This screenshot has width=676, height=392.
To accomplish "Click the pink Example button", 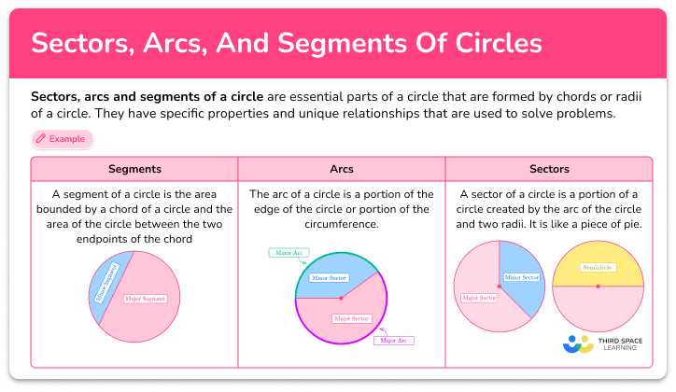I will point(62,139).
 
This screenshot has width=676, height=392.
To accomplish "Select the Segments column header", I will point(134,169).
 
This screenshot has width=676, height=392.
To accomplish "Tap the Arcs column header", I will point(341,169).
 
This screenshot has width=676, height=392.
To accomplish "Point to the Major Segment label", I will point(146,299).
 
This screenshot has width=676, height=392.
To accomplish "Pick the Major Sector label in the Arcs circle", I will point(351,318).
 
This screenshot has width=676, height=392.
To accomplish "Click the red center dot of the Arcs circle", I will point(341,298).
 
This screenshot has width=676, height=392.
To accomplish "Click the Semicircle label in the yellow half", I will point(598,267).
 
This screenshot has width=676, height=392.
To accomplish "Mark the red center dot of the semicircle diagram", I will point(598,286).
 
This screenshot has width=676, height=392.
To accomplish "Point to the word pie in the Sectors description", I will point(609,224).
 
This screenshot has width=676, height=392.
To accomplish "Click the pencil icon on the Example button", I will point(41,139).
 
